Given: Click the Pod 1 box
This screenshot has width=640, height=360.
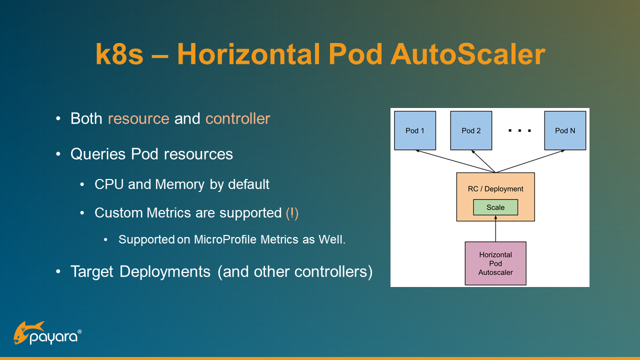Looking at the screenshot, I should click(415, 130).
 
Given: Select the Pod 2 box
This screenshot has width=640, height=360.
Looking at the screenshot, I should click(471, 130).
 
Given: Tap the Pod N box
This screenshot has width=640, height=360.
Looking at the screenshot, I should click(565, 130).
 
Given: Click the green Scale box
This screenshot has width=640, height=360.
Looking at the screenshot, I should click(495, 207).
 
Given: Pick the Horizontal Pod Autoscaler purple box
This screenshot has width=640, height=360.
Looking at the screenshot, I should click(495, 263).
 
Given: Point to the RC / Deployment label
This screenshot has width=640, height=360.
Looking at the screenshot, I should click(495, 189).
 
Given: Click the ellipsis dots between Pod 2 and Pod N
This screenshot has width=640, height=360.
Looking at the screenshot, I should click(519, 131).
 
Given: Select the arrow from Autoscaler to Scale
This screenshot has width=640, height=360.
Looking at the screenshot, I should click(495, 229).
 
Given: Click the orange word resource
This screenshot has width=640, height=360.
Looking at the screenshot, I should click(138, 118).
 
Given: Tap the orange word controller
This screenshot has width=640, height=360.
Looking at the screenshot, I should click(237, 118).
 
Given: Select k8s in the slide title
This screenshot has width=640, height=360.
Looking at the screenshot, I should click(119, 54).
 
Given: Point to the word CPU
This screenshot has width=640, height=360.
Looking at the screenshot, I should click(109, 184).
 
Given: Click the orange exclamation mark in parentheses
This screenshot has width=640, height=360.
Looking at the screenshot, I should click(292, 213).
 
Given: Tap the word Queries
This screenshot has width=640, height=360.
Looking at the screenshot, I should click(98, 153).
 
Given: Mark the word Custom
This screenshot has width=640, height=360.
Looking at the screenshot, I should click(118, 213).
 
